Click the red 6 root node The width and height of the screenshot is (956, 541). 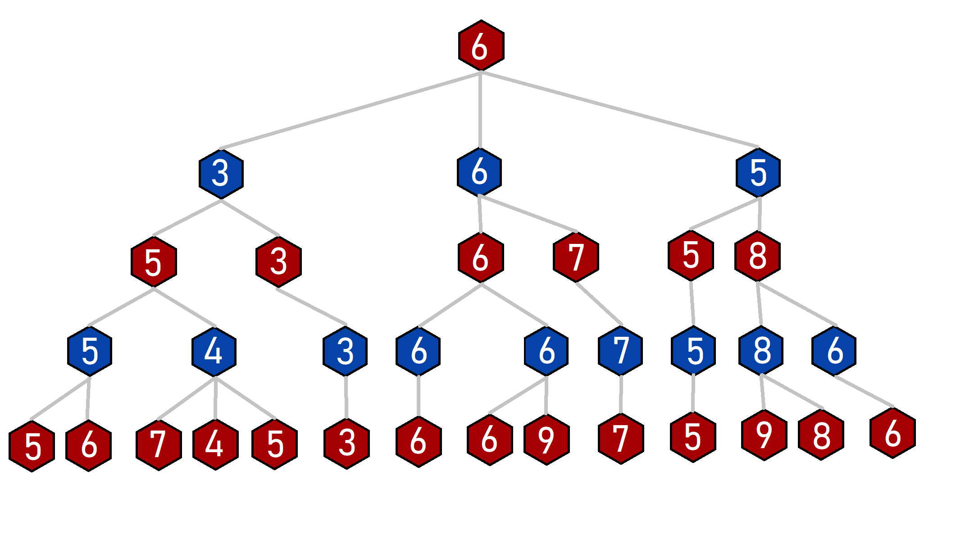point(481,46)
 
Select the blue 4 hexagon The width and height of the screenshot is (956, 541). point(214,351)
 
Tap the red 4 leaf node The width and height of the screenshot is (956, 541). point(215,445)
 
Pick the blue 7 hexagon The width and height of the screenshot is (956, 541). point(620,350)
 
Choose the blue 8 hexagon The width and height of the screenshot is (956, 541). point(761,350)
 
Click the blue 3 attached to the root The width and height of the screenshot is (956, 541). point(221,173)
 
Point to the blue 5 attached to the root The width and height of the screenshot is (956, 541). point(758,173)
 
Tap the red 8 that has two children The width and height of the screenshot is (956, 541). point(757,256)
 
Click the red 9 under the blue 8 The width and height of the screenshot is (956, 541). point(764,435)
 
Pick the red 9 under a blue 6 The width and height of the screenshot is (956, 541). point(546,440)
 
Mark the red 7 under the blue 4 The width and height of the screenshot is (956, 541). point(159,445)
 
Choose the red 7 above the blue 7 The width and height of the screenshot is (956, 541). point(576,257)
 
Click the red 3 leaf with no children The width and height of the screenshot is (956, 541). point(346,444)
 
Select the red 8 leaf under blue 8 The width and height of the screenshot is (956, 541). point(821,435)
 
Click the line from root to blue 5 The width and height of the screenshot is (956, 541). point(619,109)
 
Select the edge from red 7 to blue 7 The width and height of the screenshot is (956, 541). point(599,304)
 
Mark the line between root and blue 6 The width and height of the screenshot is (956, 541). point(480,110)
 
